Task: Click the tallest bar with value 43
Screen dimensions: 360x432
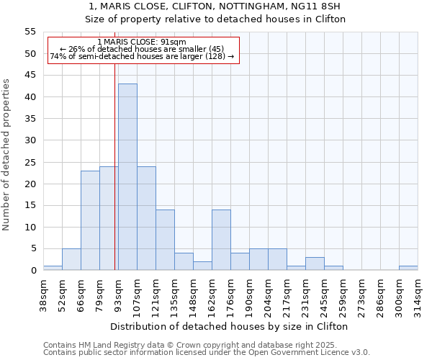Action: coord(127,177)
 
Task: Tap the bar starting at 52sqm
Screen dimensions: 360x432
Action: coord(71,259)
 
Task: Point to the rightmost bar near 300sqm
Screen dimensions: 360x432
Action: coord(408,269)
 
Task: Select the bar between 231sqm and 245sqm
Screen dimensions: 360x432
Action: coord(314,264)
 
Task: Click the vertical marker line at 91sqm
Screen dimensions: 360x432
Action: coord(114,180)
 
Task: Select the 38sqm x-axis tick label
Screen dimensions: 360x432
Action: coord(44,296)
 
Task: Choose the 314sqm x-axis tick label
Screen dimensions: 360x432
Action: coord(418,296)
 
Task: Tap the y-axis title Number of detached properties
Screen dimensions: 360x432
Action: coord(6,155)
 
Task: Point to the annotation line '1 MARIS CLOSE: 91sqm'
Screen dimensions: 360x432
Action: coord(141,42)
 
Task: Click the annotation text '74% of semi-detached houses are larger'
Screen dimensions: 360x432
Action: coord(142,56)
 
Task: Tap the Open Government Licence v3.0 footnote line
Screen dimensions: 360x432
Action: coord(207,352)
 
